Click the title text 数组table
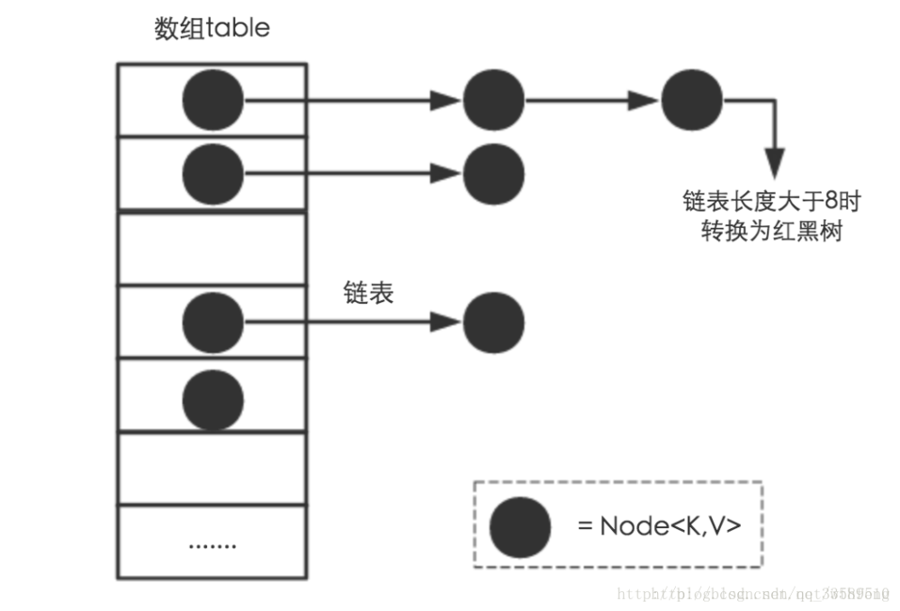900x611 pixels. click(x=212, y=28)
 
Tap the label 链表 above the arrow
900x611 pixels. click(x=368, y=293)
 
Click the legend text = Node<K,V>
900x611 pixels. click(x=659, y=525)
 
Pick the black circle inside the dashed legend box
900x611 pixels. click(x=520, y=526)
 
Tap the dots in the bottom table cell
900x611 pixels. click(x=212, y=545)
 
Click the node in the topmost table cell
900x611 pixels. click(x=213, y=100)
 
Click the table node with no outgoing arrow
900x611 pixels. click(x=213, y=397)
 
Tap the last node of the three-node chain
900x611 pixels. click(x=691, y=100)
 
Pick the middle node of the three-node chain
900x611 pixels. click(x=493, y=100)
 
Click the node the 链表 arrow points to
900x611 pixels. click(x=493, y=323)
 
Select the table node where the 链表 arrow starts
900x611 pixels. click(x=213, y=323)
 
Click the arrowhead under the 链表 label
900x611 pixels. click(x=445, y=323)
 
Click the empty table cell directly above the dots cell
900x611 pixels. click(x=212, y=469)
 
